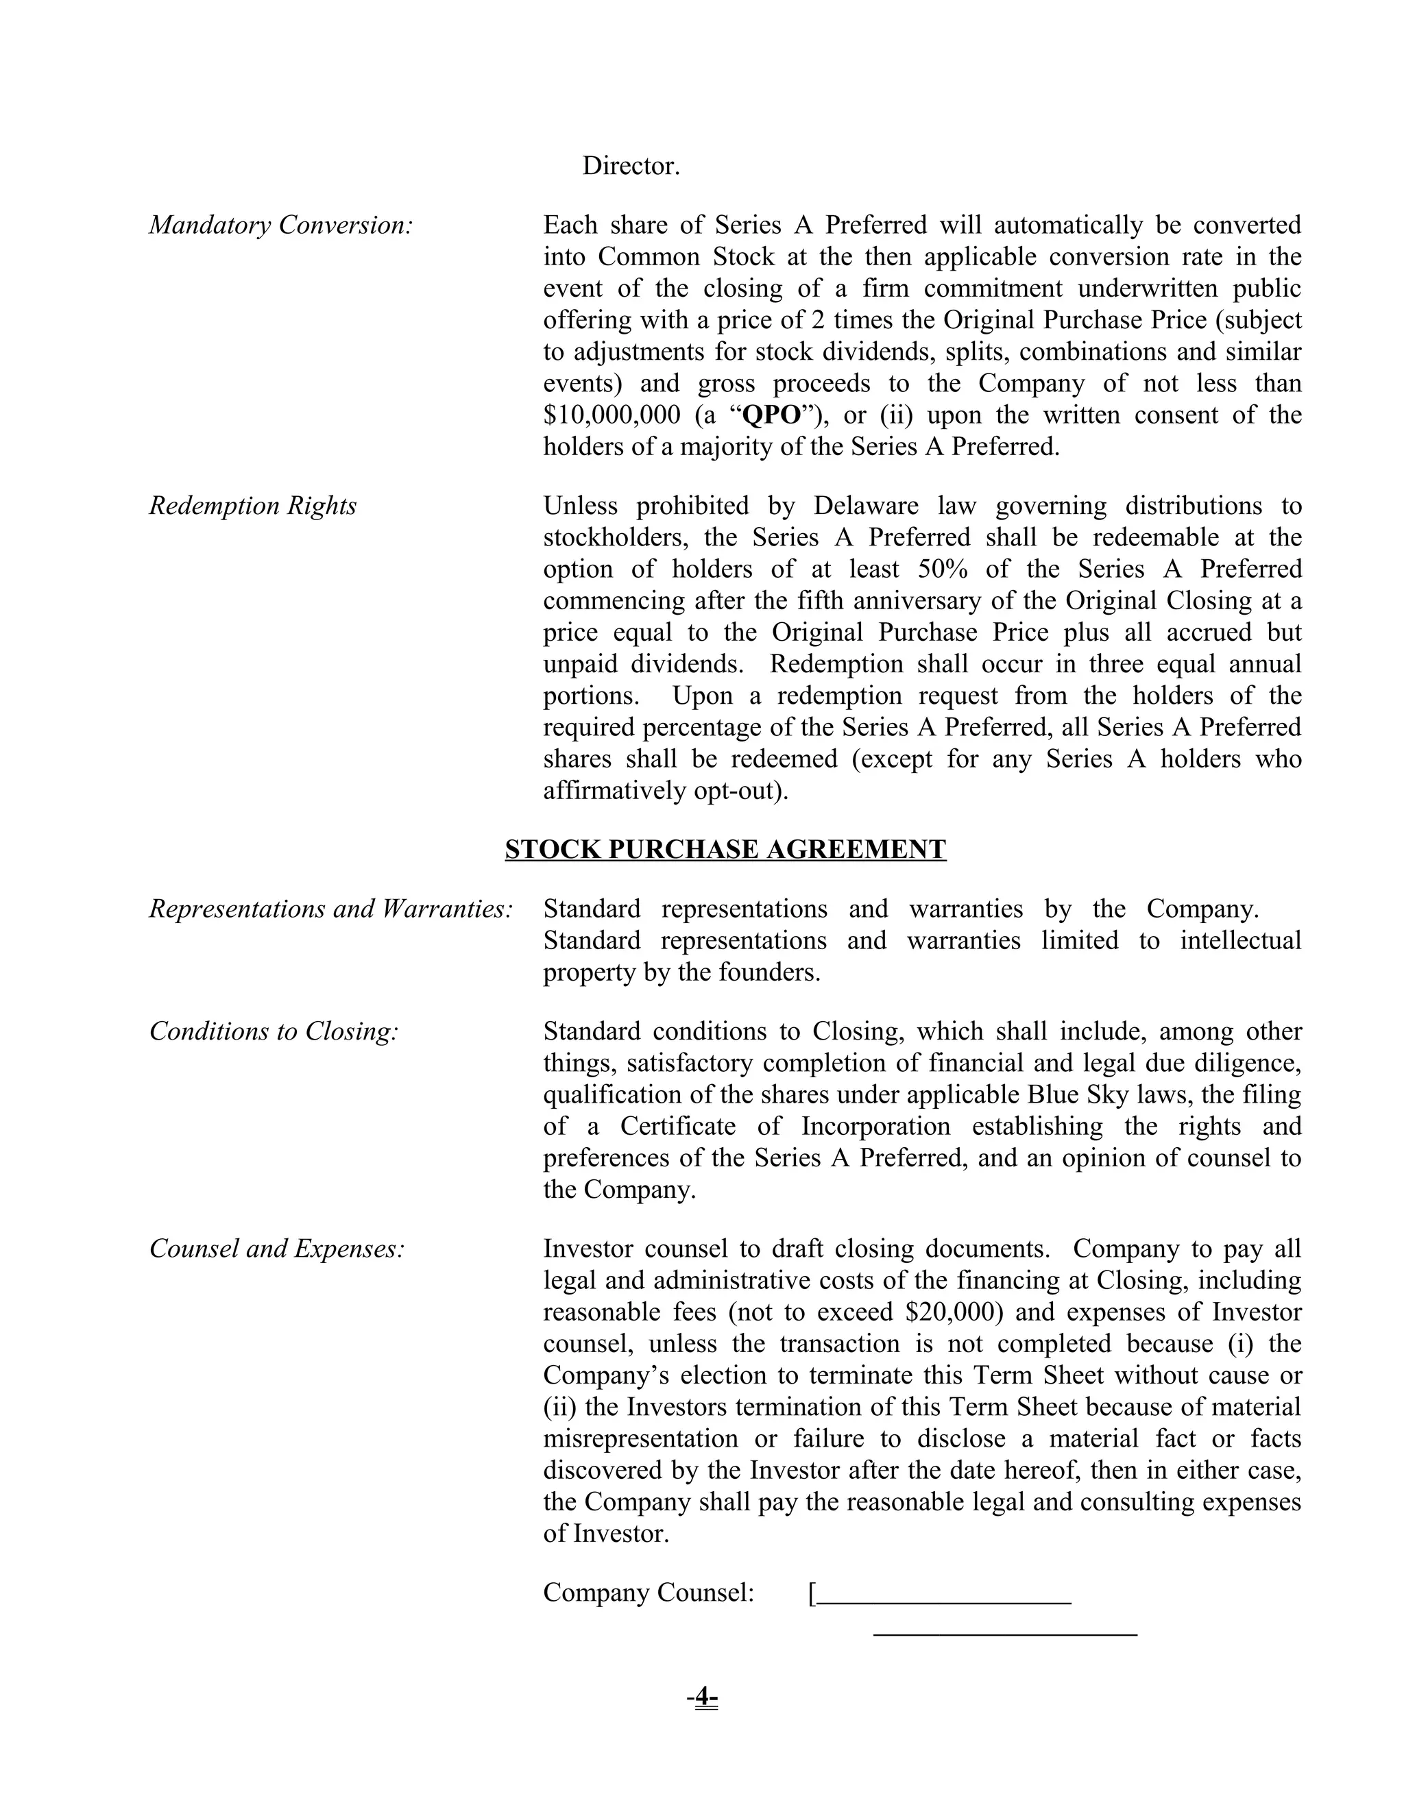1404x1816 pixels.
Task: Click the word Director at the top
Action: tap(631, 167)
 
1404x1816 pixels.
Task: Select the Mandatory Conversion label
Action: tap(281, 225)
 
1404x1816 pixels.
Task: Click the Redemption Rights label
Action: tap(253, 506)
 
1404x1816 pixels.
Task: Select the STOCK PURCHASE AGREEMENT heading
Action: tap(725, 849)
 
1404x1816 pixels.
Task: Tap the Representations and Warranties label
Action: tap(331, 909)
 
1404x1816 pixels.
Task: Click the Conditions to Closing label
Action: tap(274, 1031)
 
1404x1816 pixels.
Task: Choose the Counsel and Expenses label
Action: tap(277, 1248)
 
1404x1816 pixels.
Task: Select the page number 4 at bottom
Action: tap(703, 1696)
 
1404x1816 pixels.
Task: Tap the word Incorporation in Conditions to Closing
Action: tap(875, 1126)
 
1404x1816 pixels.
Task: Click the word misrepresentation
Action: tap(640, 1438)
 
